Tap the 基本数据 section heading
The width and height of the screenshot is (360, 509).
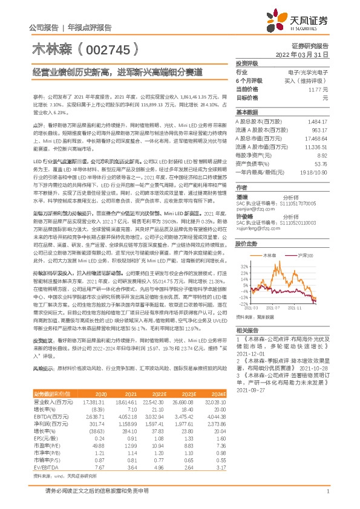pyautogui.click(x=247, y=112)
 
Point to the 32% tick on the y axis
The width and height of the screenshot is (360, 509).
pyautogui.click(x=244, y=265)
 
